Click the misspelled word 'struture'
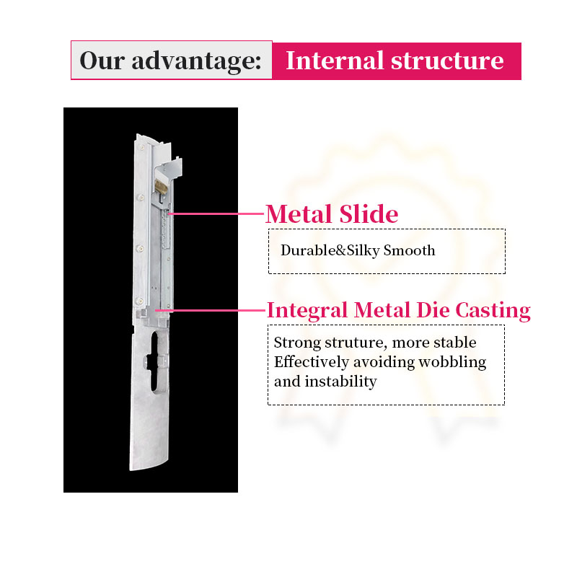tap(353, 343)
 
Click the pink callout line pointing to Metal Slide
tap(216, 213)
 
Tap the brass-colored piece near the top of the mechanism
tap(159, 190)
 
